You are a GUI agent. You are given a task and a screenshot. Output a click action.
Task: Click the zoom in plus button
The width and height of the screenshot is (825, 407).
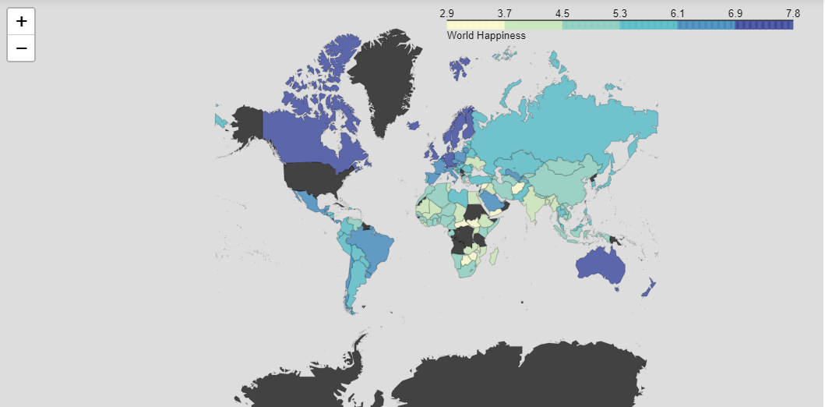click(21, 21)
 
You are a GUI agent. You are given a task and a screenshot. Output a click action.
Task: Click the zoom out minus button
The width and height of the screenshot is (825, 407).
click(21, 48)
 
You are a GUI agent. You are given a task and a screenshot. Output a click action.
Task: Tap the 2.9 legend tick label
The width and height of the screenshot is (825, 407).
click(447, 13)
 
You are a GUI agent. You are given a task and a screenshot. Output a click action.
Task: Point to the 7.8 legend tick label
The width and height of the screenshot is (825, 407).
click(792, 13)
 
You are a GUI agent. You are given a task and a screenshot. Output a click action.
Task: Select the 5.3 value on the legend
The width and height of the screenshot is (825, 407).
click(620, 13)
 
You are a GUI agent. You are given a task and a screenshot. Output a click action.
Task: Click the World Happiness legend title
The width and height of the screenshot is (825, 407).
click(486, 36)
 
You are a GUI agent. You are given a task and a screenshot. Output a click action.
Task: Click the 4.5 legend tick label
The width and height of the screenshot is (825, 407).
click(562, 13)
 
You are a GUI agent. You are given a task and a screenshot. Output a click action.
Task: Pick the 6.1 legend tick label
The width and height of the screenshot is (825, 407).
click(677, 13)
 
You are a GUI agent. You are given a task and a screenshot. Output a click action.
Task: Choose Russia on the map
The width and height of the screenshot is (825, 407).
click(561, 117)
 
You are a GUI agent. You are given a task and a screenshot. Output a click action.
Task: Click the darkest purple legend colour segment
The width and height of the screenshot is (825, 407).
click(763, 25)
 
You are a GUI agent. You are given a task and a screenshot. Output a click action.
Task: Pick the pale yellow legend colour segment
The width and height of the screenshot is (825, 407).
click(475, 25)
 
